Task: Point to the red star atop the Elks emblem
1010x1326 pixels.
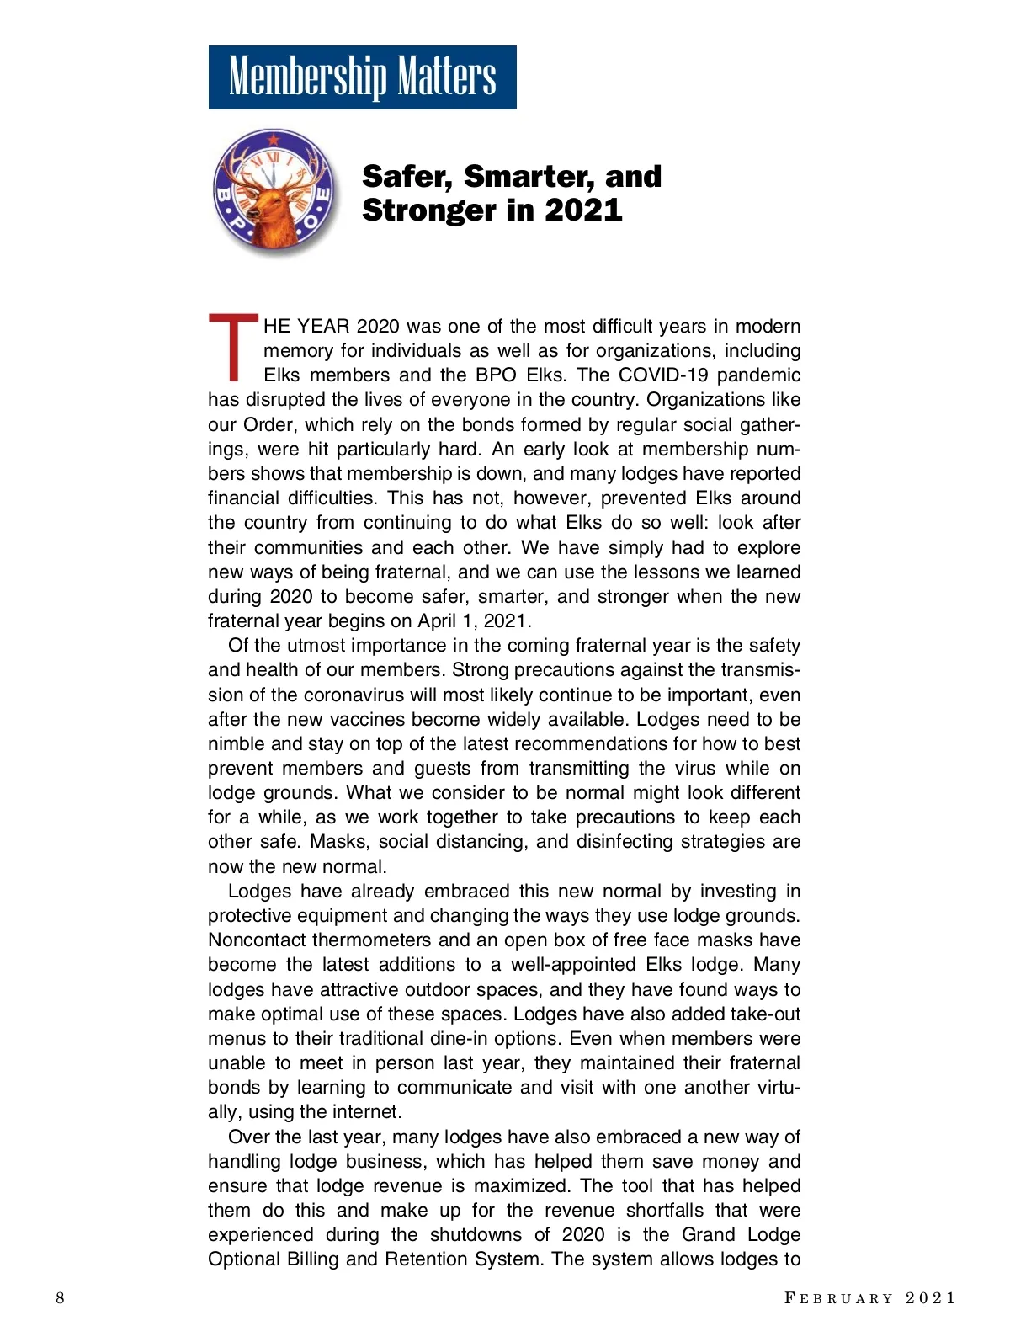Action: click(x=273, y=139)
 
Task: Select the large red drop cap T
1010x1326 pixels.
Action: click(x=232, y=347)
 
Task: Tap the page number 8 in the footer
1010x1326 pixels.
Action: click(x=60, y=1297)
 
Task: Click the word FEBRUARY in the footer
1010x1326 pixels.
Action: click(x=838, y=1298)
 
